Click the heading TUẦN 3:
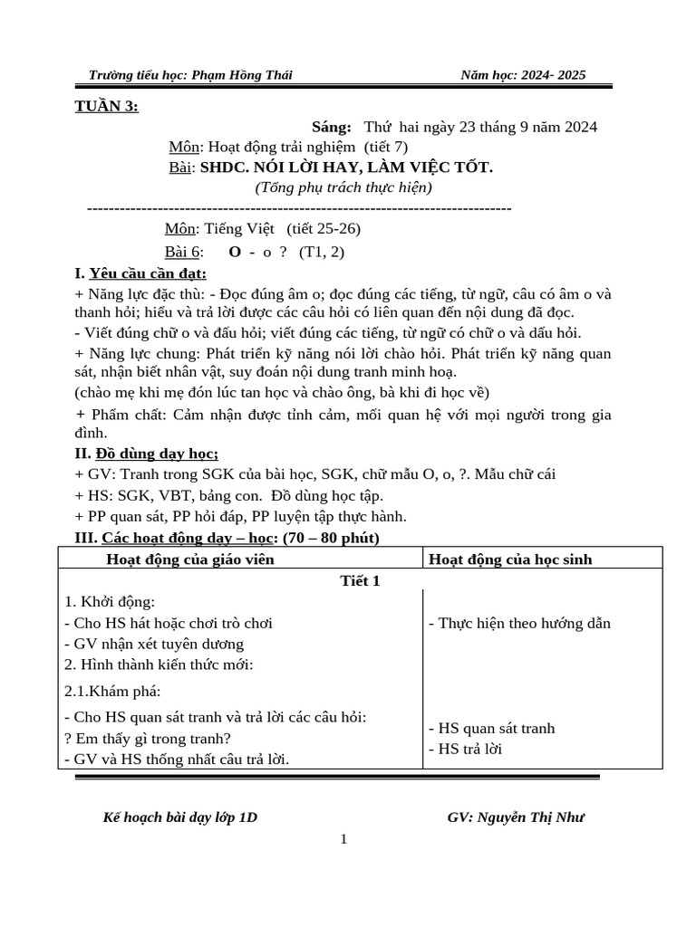106,107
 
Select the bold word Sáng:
331,127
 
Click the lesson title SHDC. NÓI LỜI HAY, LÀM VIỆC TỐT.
346,167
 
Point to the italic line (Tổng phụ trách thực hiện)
343,188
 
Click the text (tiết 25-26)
310,229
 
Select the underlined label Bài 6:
186,252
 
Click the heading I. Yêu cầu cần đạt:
140,273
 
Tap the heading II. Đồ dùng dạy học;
146,454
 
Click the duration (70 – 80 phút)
321,538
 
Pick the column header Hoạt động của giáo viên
190,559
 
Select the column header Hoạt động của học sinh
510,559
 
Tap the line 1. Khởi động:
110,602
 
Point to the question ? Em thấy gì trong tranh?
148,738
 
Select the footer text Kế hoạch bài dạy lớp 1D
180,817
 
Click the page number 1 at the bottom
343,839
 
